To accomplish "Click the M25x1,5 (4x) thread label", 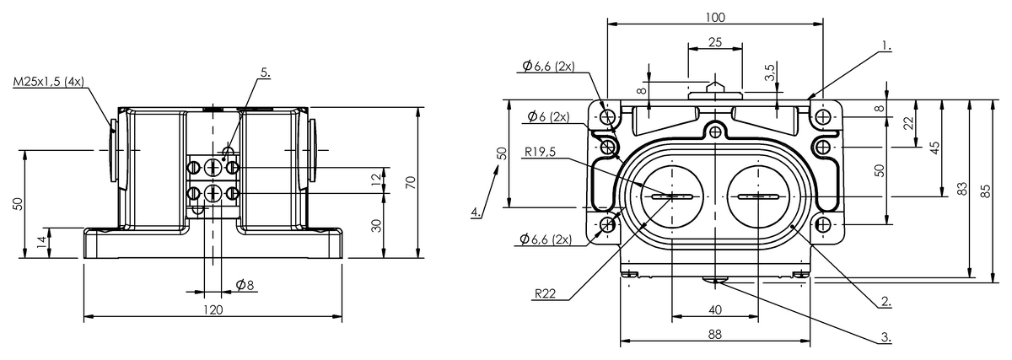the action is tap(48, 82).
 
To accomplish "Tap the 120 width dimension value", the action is tap(213, 309).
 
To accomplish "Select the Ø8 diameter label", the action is tap(245, 285).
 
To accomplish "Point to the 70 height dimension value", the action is tap(410, 182).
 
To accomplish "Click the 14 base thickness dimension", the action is tap(41, 243).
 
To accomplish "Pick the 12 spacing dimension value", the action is tap(376, 180).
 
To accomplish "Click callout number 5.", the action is tap(265, 73).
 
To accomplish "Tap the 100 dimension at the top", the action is tap(715, 17).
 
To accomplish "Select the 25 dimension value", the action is tap(715, 42).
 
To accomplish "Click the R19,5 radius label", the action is tap(540, 153).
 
